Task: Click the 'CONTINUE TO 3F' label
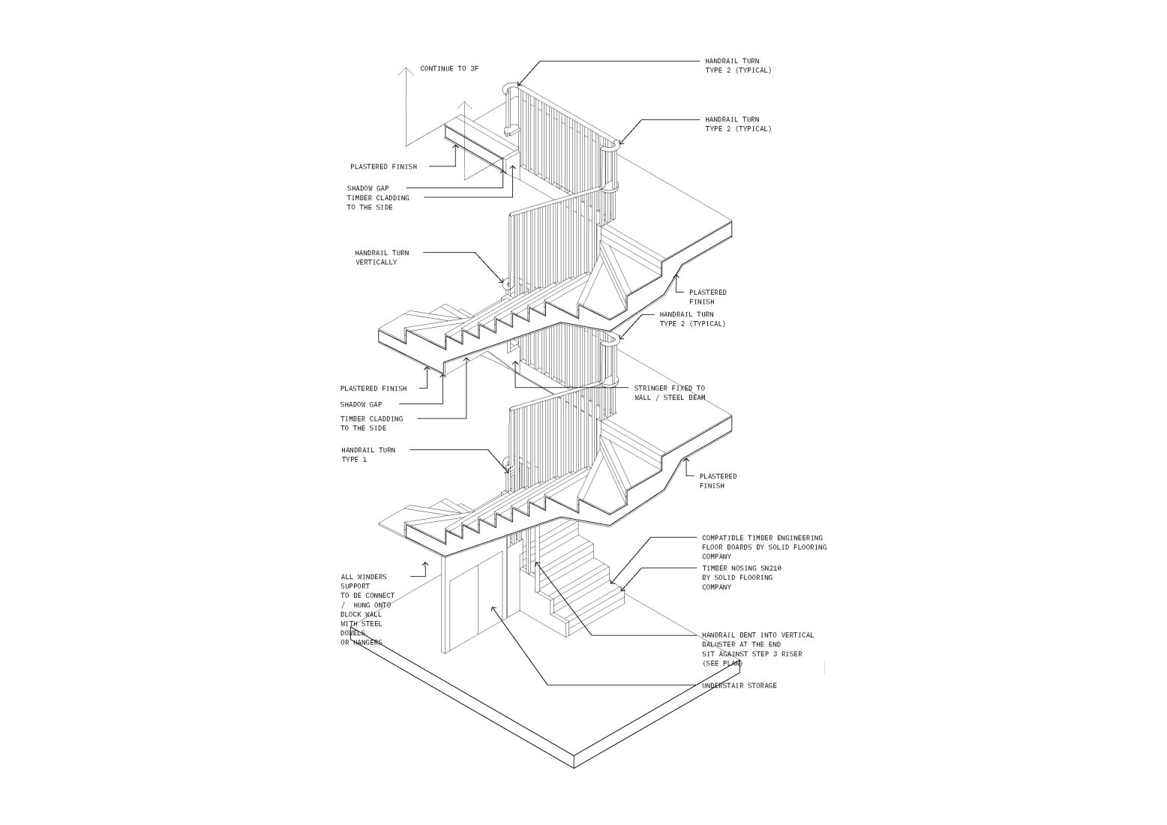(448, 69)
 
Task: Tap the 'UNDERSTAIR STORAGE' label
(739, 685)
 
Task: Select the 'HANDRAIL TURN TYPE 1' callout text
(368, 454)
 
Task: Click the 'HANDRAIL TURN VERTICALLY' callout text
(382, 257)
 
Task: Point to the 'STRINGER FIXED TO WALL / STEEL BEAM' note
(669, 393)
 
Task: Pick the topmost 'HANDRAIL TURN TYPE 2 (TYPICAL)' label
(737, 65)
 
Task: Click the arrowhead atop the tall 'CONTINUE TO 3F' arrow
(406, 72)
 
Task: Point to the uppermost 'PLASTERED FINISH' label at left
(383, 166)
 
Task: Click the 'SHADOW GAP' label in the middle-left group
(361, 404)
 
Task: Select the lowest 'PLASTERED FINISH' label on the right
(718, 481)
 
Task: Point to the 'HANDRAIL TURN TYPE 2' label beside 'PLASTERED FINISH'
(686, 319)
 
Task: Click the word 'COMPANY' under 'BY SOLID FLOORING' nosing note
(716, 587)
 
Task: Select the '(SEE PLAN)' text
(722, 664)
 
